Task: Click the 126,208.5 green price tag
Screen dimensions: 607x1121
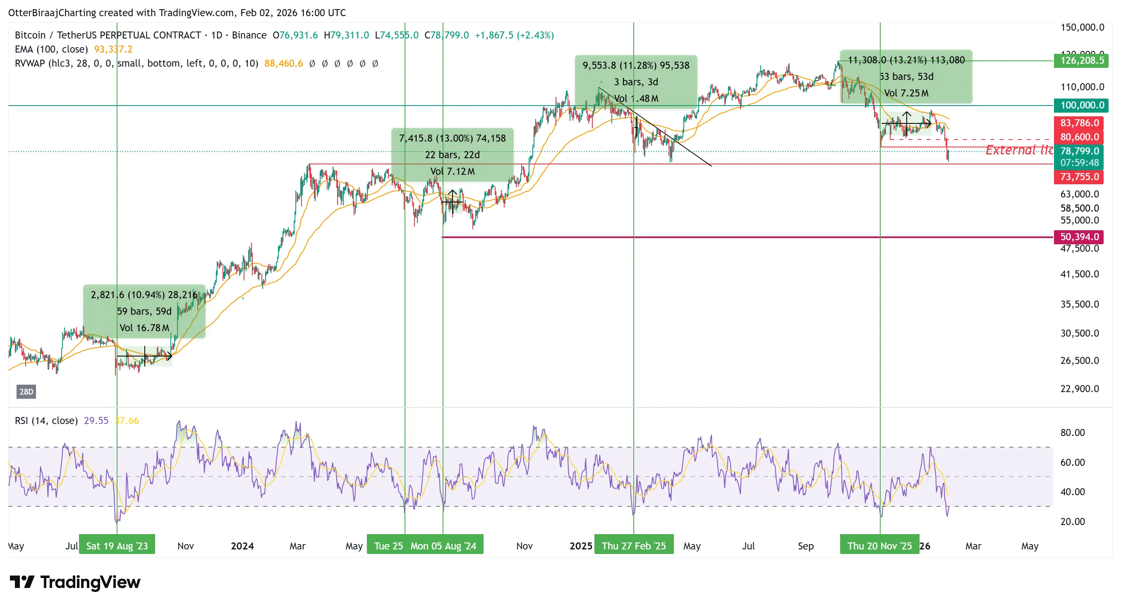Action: [1081, 60]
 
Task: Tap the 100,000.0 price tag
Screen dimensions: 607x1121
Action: [1081, 105]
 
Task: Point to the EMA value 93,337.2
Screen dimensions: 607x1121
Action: [113, 50]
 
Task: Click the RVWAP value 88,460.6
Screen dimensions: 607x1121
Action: [283, 64]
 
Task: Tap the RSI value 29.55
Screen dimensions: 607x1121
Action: [96, 421]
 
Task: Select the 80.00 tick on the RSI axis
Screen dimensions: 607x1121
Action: [1072, 433]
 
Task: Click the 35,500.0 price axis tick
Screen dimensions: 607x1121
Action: [1079, 304]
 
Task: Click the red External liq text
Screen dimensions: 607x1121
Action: [1018, 150]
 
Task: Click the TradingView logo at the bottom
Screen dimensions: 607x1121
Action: [75, 583]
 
